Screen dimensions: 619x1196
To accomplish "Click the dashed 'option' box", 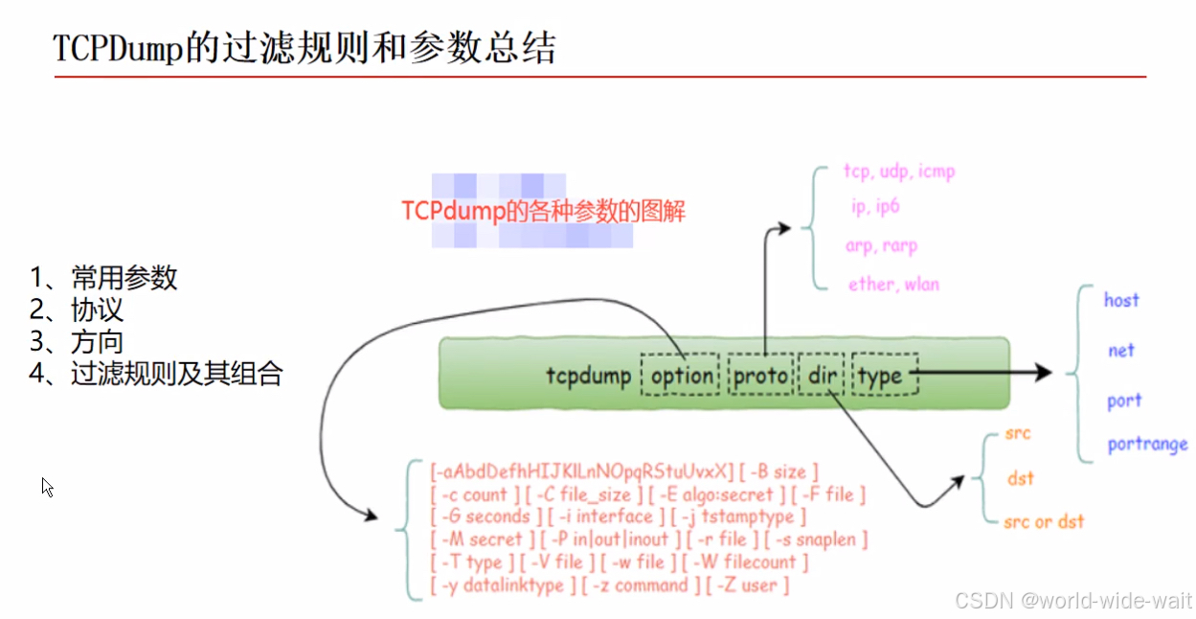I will (681, 376).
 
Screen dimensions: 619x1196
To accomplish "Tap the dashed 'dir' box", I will (822, 376).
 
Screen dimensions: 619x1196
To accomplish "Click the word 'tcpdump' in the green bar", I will (588, 376).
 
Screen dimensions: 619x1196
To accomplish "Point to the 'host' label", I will (1121, 300).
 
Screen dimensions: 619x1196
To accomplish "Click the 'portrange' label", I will (1147, 445).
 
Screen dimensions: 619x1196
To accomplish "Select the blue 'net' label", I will (1121, 351).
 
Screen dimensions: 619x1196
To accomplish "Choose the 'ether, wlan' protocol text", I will (893, 285).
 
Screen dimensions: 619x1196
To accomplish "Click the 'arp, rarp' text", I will (881, 245).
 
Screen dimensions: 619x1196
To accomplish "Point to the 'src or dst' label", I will (1044, 521).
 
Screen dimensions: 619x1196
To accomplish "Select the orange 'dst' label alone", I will (1021, 477).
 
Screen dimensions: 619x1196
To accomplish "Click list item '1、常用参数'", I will (104, 278).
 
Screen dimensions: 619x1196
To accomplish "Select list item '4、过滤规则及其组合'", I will (156, 374).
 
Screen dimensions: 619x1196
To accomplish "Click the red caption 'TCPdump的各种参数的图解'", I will (543, 211).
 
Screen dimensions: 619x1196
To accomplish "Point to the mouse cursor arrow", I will (46, 486).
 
